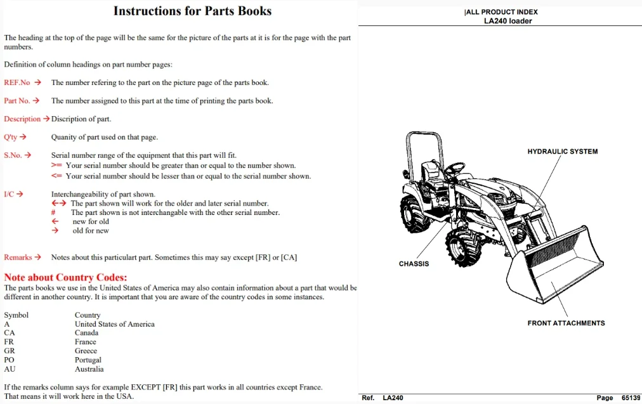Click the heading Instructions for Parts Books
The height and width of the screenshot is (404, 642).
point(192,11)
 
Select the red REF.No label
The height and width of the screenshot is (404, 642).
point(16,82)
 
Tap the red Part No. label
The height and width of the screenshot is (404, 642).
point(16,101)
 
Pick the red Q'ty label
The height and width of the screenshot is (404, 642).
point(11,137)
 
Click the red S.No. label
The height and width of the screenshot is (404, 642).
point(13,155)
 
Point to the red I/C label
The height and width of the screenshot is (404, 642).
point(9,194)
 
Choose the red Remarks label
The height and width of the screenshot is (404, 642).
point(18,257)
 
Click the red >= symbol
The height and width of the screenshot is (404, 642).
point(56,166)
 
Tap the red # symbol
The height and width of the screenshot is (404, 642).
point(53,212)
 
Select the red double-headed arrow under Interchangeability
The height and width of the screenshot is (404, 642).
point(58,203)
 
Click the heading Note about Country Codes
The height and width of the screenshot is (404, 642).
point(65,277)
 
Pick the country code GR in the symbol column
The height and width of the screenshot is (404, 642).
point(10,351)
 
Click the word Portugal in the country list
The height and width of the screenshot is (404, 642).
point(88,360)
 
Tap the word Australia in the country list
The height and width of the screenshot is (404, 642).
point(89,369)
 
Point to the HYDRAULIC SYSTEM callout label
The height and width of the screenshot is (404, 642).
point(563,152)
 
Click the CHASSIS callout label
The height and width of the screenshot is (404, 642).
point(414,264)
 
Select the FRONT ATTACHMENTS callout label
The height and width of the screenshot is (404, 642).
point(567,323)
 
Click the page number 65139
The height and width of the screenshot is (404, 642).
point(631,398)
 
